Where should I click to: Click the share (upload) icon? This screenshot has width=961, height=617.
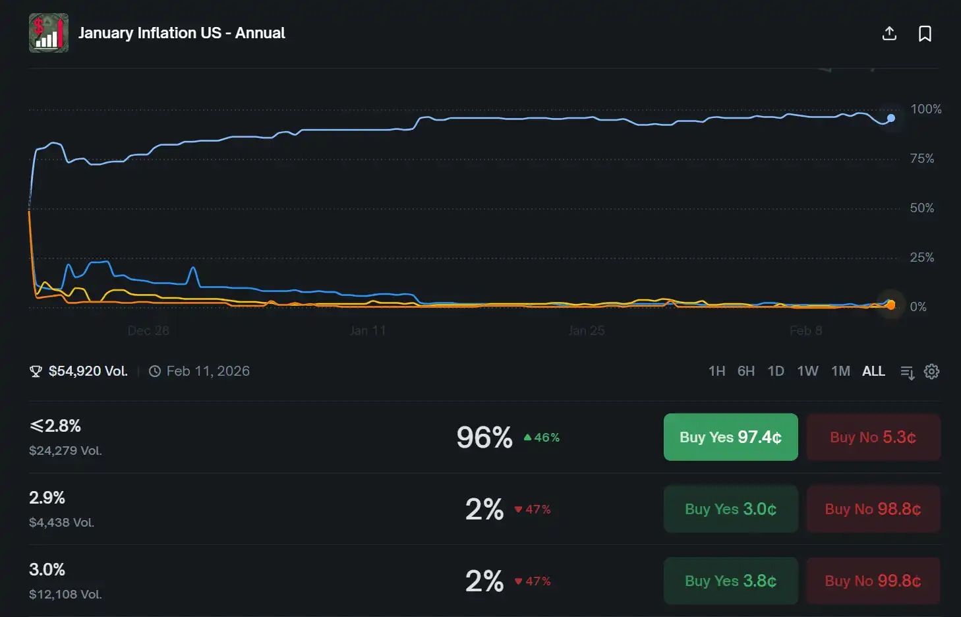coord(889,34)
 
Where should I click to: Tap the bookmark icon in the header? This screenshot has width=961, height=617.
coord(925,34)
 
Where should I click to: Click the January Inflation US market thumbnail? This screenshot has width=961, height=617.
coord(49,33)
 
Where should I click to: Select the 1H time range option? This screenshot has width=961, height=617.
coord(716,371)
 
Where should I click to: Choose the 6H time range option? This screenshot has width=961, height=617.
coord(746,371)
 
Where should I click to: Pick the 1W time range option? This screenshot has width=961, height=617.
coord(807,371)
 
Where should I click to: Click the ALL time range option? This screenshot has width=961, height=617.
coord(873,371)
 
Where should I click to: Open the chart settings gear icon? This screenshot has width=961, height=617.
coord(931,372)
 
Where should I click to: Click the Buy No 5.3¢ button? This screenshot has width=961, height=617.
coord(873,437)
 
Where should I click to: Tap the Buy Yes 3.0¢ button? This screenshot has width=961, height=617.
coord(730,509)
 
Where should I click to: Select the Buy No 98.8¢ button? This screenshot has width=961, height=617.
coord(873,509)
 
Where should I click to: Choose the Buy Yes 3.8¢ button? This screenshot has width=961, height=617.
coord(730,581)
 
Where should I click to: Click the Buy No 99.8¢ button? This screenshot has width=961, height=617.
coord(873,581)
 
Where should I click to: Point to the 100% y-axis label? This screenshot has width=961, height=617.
coord(925,109)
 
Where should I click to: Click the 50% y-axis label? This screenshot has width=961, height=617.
coord(921,208)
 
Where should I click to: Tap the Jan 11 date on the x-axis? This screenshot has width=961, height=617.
coord(368,330)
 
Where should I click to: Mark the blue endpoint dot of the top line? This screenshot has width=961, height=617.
coord(891,119)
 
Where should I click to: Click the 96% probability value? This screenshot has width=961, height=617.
coord(484,437)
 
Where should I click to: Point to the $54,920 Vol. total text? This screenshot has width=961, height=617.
coord(88,371)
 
